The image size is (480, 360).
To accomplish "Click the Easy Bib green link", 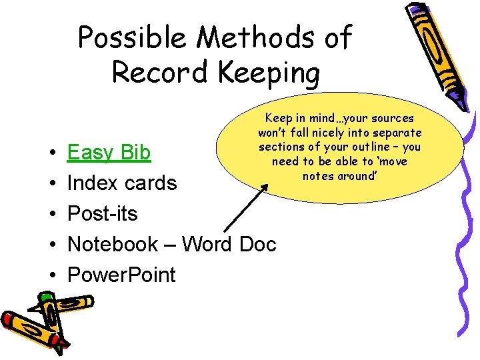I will (x=109, y=153).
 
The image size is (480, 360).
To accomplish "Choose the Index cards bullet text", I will (x=122, y=183).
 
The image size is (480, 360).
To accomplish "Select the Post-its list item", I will (x=103, y=214).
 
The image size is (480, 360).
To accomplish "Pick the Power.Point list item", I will (x=121, y=275).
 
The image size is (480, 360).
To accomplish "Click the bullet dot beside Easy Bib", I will (x=52, y=154).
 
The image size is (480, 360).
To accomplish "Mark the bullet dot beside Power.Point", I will (x=52, y=275).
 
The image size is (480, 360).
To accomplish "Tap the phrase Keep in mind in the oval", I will (x=293, y=118).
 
